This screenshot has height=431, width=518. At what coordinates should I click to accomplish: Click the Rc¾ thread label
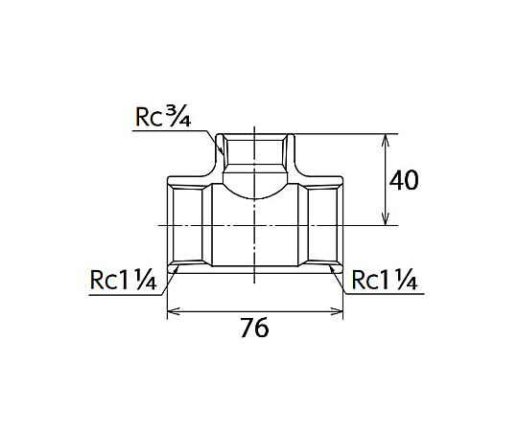163,117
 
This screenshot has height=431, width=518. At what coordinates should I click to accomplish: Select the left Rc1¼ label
123,281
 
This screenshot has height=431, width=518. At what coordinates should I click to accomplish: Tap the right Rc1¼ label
385,281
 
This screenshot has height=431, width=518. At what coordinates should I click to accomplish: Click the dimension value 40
404,180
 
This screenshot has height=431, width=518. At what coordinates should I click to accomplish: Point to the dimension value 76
254,328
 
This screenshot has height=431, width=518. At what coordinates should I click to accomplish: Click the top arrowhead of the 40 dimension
386,139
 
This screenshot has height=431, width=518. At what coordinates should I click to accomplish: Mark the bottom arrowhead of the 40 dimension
386,220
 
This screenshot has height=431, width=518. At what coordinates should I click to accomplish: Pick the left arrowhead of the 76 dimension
173,311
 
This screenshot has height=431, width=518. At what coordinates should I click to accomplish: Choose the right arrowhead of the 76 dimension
338,311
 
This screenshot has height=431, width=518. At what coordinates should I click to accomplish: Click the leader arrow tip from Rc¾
223,154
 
